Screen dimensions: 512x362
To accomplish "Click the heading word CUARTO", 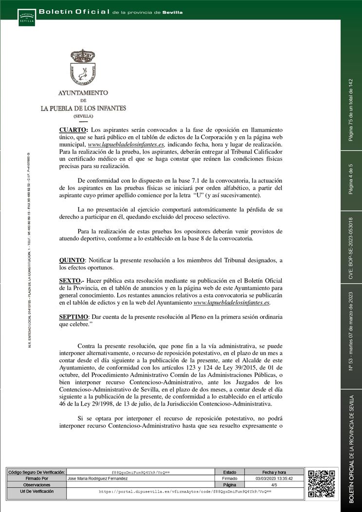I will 73,130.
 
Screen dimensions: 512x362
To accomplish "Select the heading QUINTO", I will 72,261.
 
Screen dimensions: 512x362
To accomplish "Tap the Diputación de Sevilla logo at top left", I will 27,17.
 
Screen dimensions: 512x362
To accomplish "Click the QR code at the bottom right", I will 322,483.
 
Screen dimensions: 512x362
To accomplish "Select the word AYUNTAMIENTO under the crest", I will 83,92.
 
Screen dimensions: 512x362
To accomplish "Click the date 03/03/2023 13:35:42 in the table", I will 274,479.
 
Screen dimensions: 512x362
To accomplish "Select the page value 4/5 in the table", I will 274,485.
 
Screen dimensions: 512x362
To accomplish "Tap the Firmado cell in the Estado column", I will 230,479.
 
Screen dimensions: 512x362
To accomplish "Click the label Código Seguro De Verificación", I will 36,472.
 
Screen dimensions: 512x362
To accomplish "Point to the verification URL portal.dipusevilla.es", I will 185,492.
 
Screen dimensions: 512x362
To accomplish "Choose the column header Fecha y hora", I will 274,472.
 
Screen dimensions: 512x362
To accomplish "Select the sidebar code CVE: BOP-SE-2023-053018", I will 351,247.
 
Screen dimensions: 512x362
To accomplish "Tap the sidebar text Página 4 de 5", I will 351,180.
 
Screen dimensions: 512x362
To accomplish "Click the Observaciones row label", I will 36,485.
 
